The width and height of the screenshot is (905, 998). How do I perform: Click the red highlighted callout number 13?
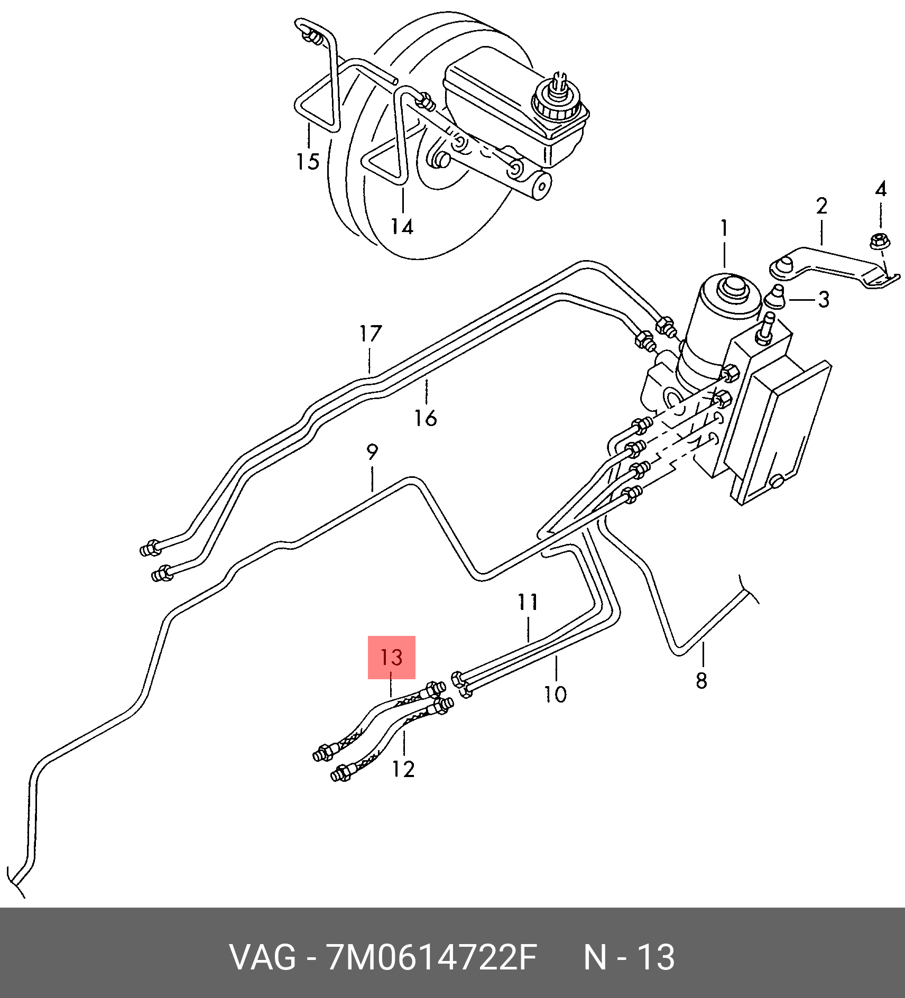coord(391,657)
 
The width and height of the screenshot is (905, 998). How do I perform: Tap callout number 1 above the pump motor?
coord(724,228)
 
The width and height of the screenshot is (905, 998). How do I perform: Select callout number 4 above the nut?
coord(881,189)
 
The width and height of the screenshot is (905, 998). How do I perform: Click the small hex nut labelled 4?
coord(880,241)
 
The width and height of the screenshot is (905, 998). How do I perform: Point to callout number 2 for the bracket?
coord(821,206)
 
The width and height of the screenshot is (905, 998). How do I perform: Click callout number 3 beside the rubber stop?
coord(824,300)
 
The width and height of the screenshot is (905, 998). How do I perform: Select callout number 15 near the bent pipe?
coord(308,161)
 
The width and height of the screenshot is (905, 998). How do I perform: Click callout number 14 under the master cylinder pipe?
coord(402,226)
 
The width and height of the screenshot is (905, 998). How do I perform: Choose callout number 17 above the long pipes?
coord(370,334)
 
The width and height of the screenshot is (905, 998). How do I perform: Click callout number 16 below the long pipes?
coord(426,418)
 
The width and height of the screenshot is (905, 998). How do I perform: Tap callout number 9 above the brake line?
coord(372,452)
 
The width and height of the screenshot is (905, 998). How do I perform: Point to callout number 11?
coord(528,602)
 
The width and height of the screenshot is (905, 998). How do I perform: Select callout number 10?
coord(556,694)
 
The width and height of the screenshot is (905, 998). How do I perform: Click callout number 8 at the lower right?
coord(701,680)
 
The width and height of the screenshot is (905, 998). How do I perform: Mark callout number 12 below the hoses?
coord(403,769)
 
